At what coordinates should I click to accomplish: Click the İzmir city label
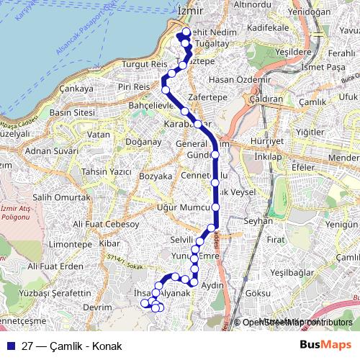(190, 10)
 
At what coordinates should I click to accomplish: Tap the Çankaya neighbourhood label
(78, 89)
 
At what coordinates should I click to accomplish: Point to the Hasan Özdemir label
(226, 79)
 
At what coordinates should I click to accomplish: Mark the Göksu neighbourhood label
(257, 294)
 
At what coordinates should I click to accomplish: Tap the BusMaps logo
(326, 345)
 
